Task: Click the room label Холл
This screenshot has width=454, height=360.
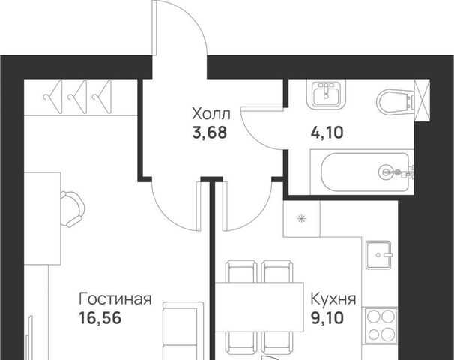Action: pyautogui.click(x=211, y=114)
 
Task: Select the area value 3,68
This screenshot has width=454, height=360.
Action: pyautogui.click(x=209, y=133)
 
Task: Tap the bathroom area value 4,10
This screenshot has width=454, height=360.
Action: pyautogui.click(x=327, y=133)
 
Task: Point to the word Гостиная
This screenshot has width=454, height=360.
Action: pyautogui.click(x=115, y=298)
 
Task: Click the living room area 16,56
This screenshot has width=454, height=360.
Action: pyautogui.click(x=100, y=318)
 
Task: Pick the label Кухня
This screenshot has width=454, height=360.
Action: pyautogui.click(x=333, y=298)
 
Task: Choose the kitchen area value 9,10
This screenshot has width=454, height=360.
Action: pyautogui.click(x=327, y=318)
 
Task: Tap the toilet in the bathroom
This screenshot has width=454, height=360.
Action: pyautogui.click(x=396, y=101)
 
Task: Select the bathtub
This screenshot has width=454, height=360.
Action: pyautogui.click(x=362, y=172)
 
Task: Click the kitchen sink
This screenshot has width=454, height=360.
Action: pyautogui.click(x=379, y=255)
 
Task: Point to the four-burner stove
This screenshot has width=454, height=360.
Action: pyautogui.click(x=380, y=325)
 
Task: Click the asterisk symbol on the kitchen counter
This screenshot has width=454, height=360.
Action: pyautogui.click(x=302, y=218)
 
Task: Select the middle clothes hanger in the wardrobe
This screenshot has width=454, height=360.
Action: pyautogui.click(x=77, y=97)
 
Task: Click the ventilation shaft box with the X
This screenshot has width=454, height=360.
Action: pyautogui.click(x=422, y=100)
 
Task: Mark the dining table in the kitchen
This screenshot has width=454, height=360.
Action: pyautogui.click(x=259, y=307)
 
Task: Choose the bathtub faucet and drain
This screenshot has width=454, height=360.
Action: pyautogui.click(x=396, y=172)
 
